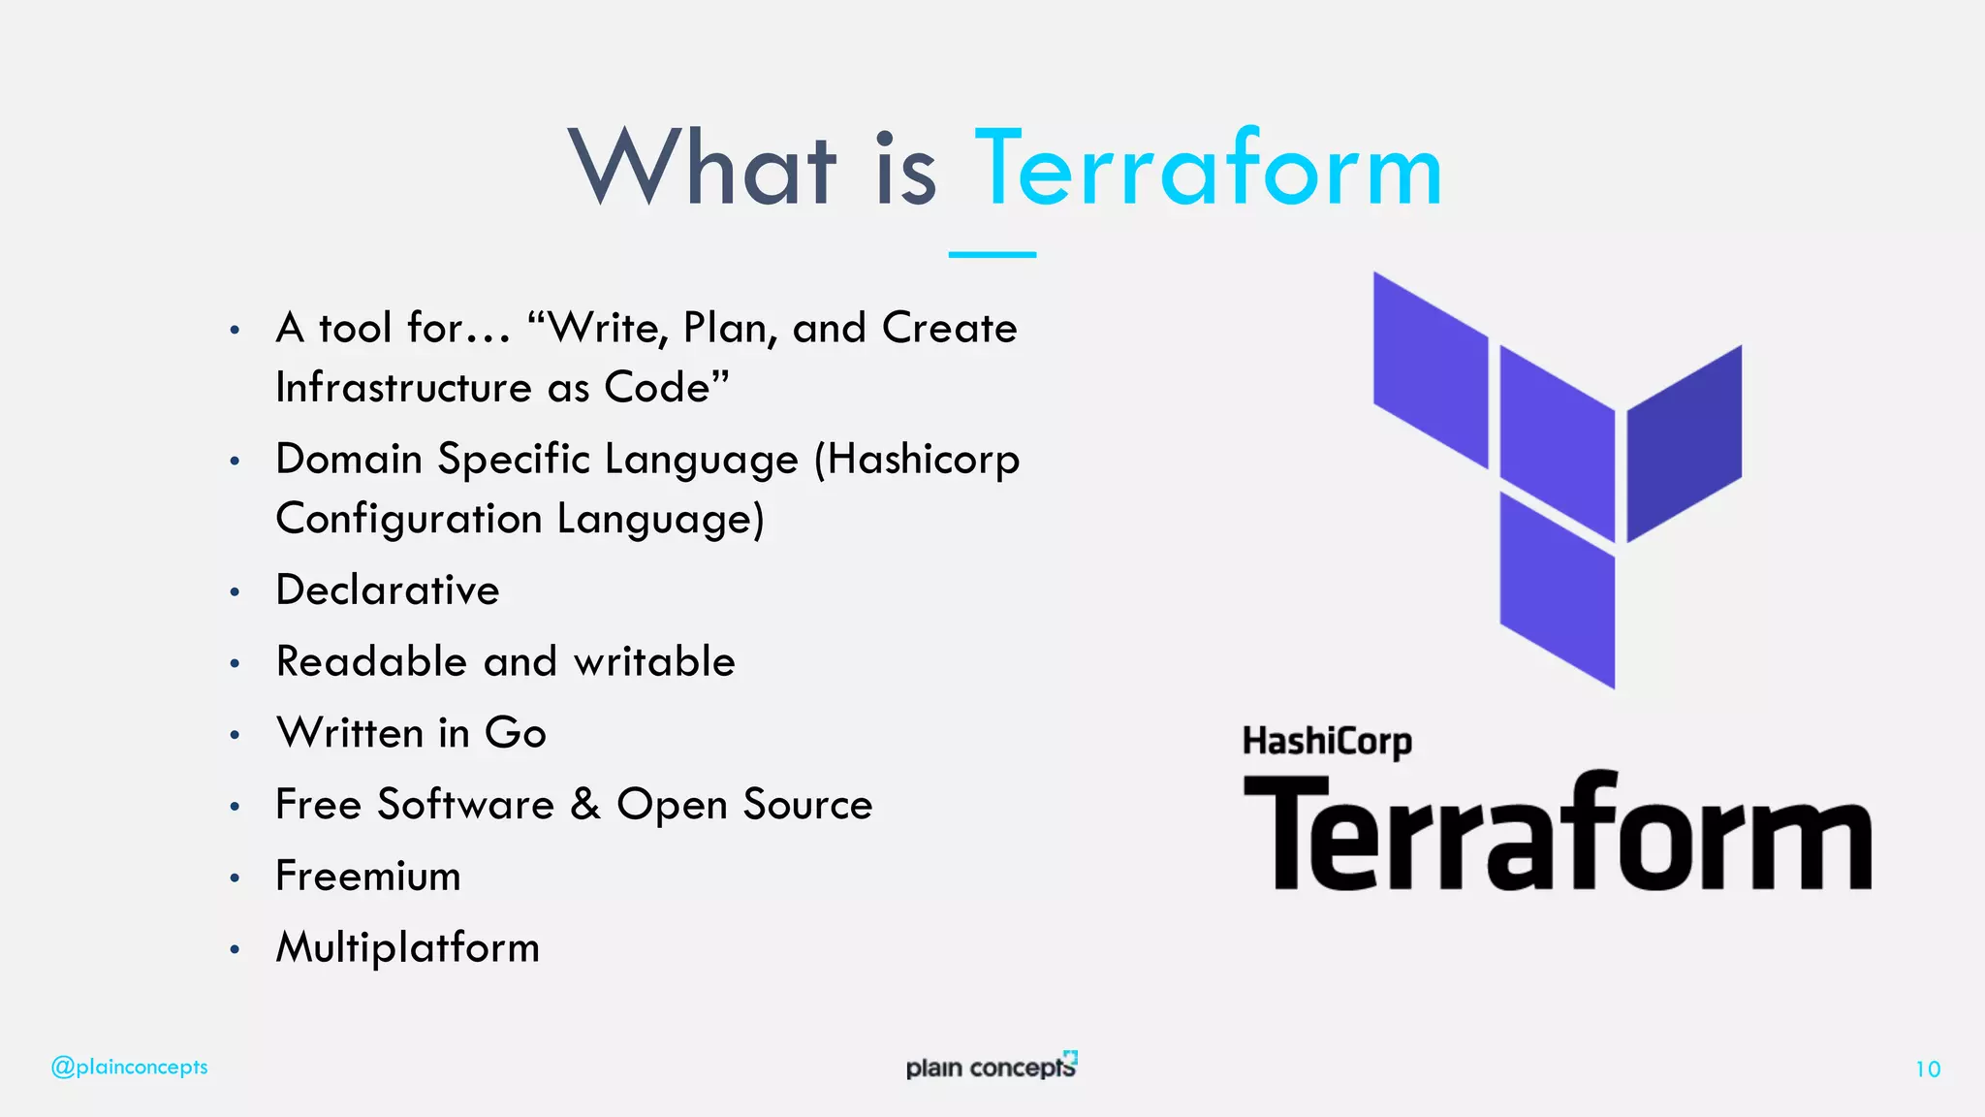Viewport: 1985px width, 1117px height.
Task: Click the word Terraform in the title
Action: pyautogui.click(x=1208, y=171)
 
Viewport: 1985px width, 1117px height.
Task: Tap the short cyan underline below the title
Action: pyautogui.click(x=992, y=254)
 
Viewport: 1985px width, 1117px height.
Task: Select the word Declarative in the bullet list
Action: pyautogui.click(x=388, y=590)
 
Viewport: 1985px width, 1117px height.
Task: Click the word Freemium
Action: pyautogui.click(x=368, y=877)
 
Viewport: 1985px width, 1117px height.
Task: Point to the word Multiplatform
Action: pyautogui.click(x=408, y=947)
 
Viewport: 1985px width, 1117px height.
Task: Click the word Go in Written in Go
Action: pyautogui.click(x=516, y=733)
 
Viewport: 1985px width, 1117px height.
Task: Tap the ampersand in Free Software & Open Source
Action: pyautogui.click(x=585, y=804)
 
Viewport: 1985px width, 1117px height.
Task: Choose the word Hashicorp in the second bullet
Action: pyautogui.click(x=923, y=460)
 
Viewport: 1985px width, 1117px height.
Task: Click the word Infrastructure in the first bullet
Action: pyautogui.click(x=403, y=388)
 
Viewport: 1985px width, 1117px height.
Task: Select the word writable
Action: pyautogui.click(x=654, y=662)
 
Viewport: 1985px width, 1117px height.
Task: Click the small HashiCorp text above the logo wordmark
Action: pyautogui.click(x=1327, y=742)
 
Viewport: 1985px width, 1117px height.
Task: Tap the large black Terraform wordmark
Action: pyautogui.click(x=1557, y=834)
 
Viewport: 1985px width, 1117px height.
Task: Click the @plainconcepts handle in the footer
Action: pyautogui.click(x=130, y=1068)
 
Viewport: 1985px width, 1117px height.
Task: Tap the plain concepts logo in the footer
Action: pyautogui.click(x=991, y=1067)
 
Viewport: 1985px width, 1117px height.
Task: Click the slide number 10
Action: pyautogui.click(x=1927, y=1069)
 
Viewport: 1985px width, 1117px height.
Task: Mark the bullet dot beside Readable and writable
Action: pyautogui.click(x=235, y=664)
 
